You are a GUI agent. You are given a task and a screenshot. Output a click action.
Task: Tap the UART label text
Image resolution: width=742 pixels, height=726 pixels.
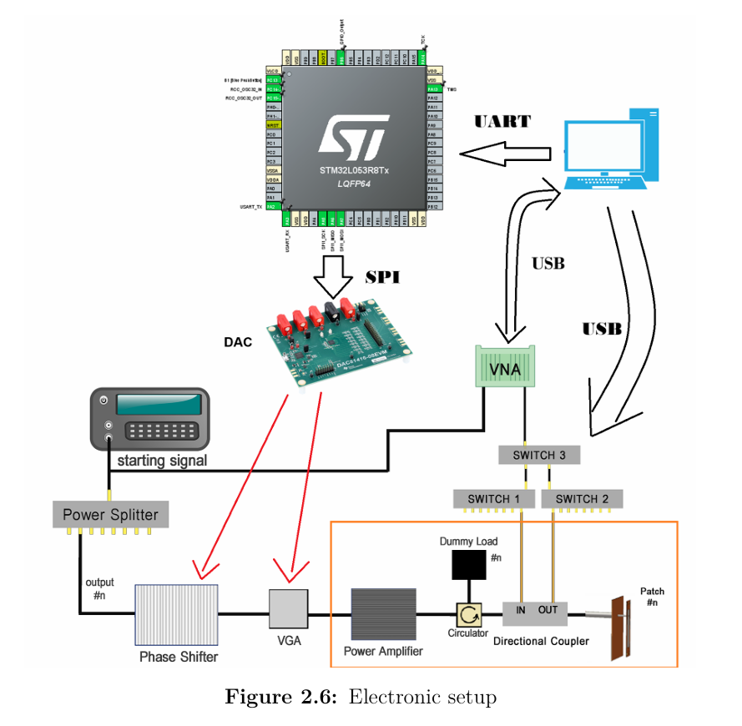[x=502, y=122]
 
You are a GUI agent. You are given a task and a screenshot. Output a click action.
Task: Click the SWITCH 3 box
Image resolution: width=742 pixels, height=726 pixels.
[x=538, y=456]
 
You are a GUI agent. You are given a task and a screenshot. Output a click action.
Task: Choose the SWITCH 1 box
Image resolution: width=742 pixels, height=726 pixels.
[x=493, y=499]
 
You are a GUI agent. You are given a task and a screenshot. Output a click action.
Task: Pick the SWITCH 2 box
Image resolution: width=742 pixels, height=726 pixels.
[x=582, y=499]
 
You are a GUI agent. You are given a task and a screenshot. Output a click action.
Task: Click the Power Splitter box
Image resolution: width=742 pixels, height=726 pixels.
[x=110, y=515]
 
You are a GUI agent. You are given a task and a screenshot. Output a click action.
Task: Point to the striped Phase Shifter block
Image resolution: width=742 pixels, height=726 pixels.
[x=177, y=614]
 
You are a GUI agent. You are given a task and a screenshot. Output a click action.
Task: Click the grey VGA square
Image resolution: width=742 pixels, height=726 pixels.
[x=288, y=609]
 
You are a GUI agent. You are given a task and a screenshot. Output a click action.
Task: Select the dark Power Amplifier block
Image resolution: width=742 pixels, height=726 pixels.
[x=383, y=614]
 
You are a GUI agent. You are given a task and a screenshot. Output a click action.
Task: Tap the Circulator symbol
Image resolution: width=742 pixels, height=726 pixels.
[x=468, y=616]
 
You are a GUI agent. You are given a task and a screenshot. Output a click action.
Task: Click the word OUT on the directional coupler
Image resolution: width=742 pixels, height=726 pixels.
[x=548, y=610]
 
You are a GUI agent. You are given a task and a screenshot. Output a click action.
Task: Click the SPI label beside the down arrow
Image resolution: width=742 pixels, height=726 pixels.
[x=382, y=277]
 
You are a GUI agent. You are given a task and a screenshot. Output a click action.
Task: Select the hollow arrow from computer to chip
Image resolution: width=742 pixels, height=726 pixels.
[x=506, y=154]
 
